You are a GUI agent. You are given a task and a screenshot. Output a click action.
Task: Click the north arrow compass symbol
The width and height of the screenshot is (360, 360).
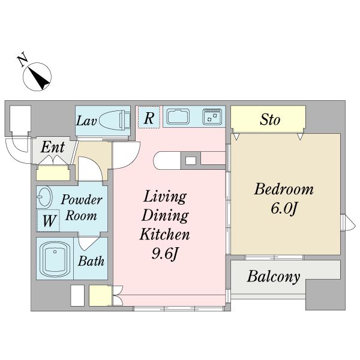pos(37,77)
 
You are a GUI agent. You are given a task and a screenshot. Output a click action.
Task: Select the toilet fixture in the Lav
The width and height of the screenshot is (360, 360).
pos(115,120)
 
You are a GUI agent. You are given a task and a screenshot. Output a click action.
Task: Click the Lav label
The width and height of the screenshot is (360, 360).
pos(86,121)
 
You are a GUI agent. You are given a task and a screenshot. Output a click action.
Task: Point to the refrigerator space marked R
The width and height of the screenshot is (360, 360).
pos(149,117)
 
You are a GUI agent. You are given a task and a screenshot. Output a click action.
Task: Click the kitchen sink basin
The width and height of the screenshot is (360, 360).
pos(178,116)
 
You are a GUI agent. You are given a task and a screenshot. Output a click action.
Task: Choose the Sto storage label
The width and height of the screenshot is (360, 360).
pos(270,119)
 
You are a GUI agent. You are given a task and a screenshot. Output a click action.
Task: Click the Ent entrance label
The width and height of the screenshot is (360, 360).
pos(53,147)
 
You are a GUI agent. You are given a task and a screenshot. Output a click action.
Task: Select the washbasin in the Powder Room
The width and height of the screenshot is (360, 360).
pos(44,196)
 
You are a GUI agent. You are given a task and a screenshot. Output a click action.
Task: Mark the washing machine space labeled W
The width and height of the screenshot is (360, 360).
pos(49,220)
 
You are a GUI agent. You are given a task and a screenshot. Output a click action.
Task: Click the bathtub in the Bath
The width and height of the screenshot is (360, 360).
pos(55,259)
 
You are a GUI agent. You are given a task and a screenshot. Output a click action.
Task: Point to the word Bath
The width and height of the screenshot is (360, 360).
pos(91,261)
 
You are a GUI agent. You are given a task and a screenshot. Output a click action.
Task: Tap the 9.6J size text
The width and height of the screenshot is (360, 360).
pos(164,254)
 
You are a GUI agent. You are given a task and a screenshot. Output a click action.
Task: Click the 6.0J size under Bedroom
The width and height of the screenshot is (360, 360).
pos(284,208)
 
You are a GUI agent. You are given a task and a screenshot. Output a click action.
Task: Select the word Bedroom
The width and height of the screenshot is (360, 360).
pos(284,190)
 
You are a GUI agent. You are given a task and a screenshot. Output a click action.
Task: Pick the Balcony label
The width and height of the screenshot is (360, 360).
pos(274,277)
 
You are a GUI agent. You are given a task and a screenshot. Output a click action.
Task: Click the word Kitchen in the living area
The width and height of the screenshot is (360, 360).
pos(164,234)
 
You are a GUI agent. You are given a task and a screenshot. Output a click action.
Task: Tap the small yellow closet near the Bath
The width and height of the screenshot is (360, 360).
pos(100,295)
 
